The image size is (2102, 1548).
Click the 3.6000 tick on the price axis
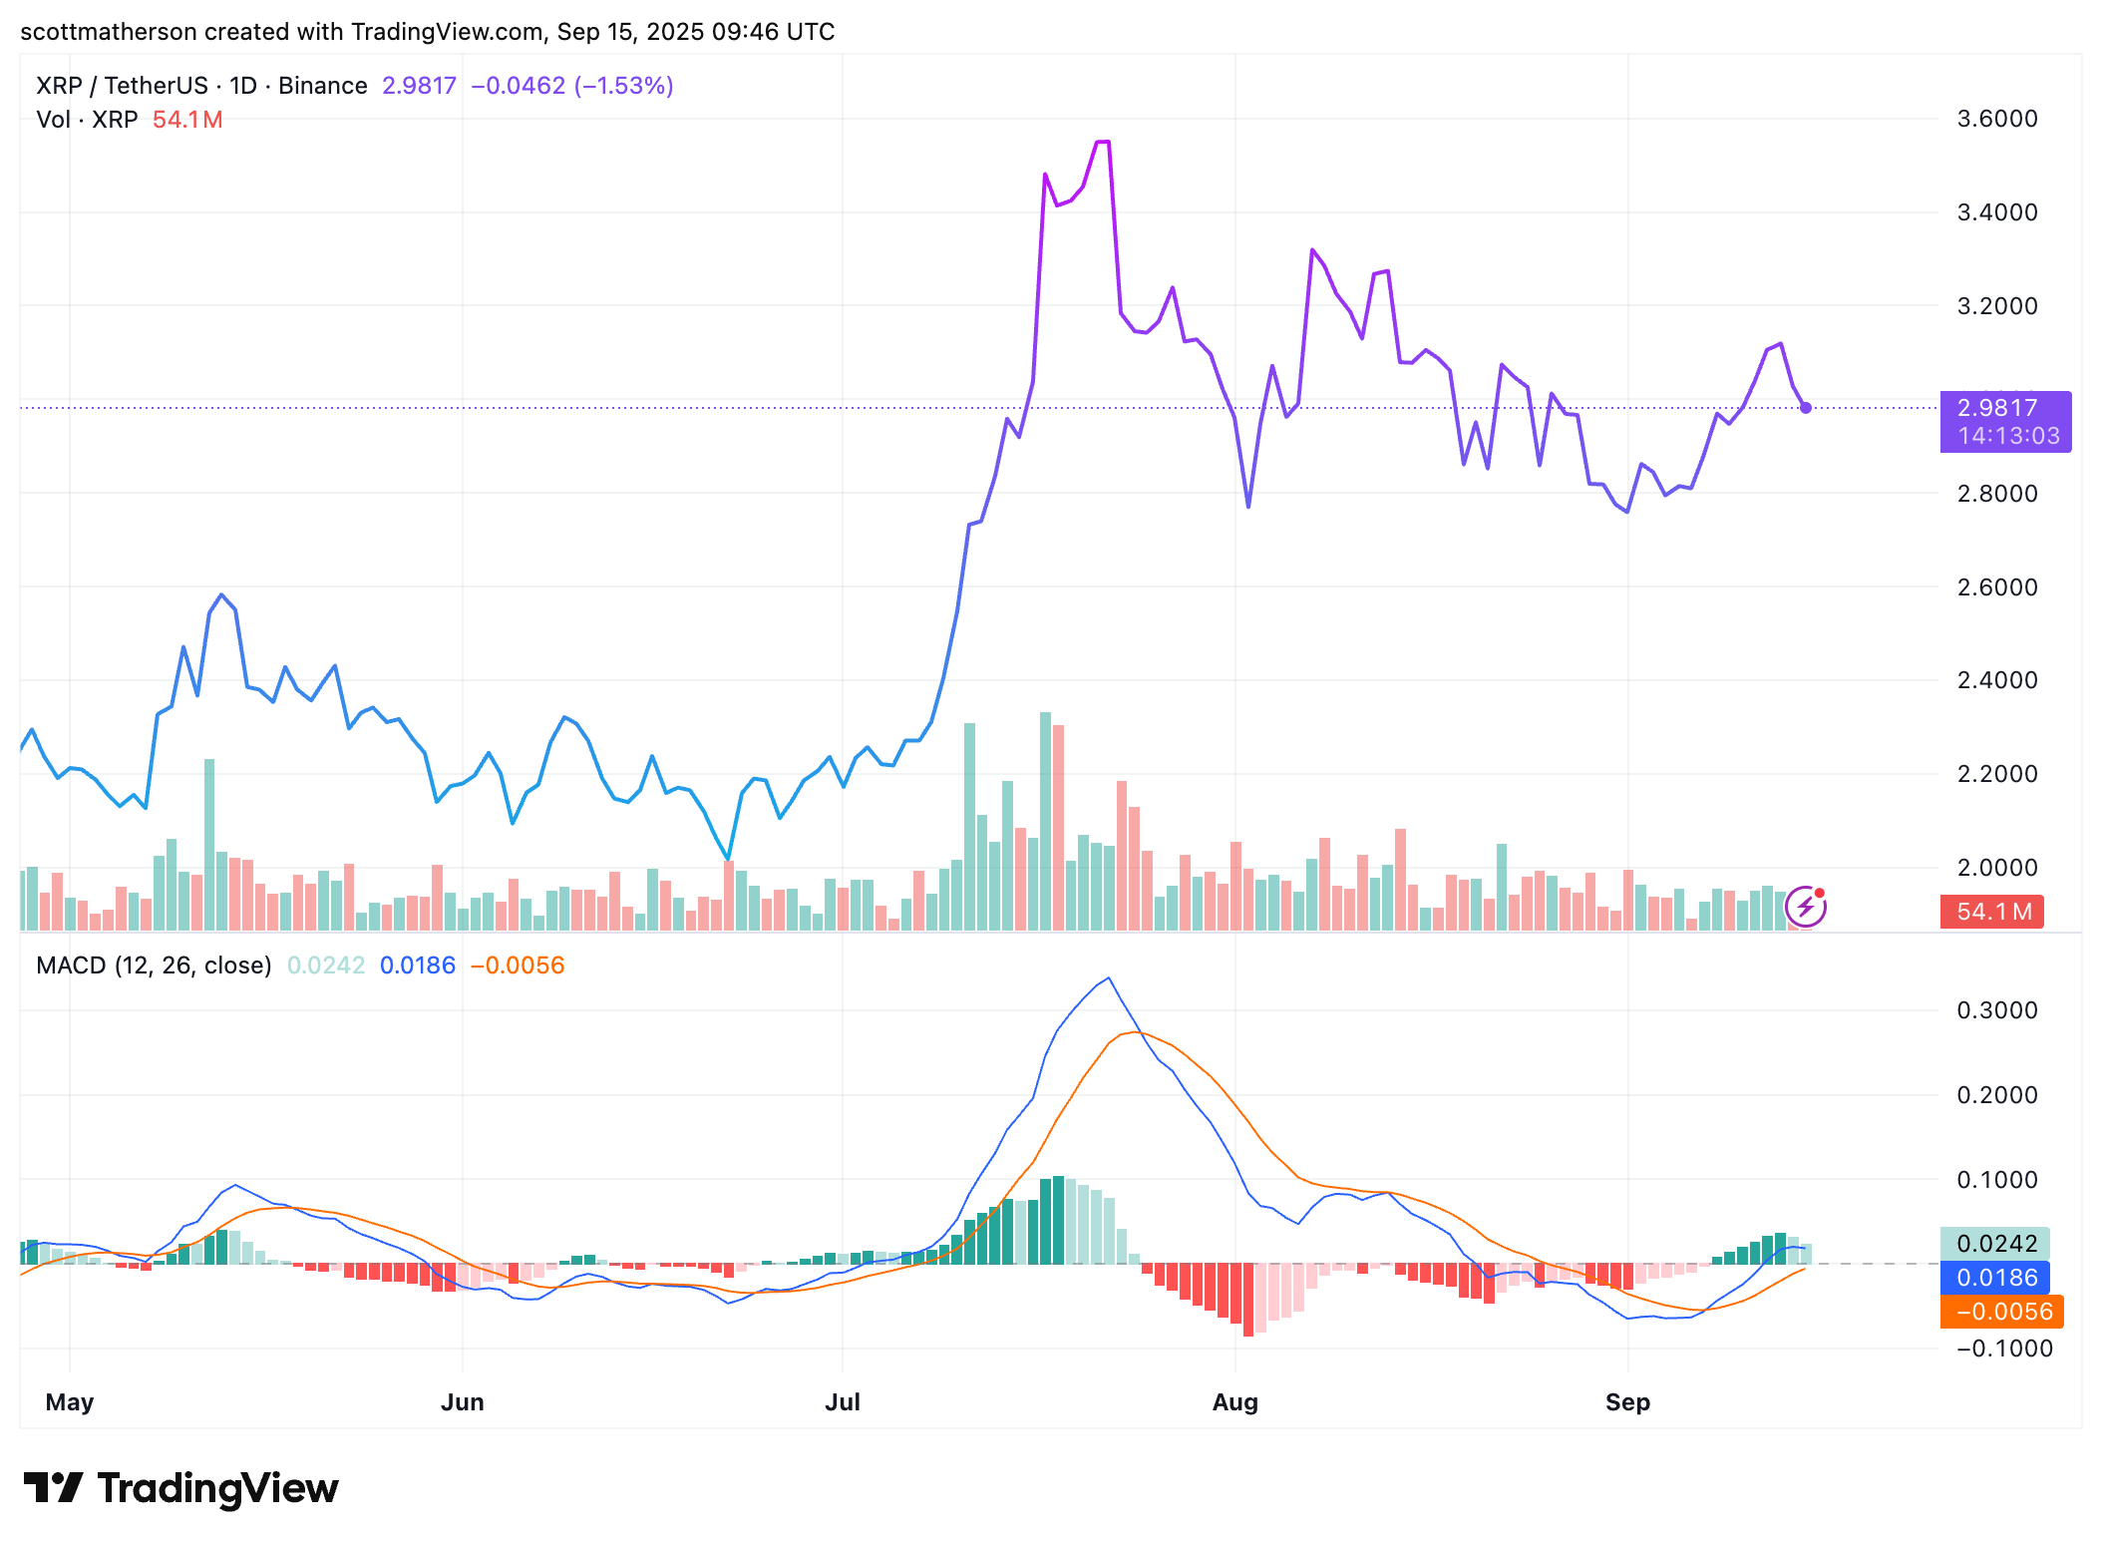click(x=1996, y=119)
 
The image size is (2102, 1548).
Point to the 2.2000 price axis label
click(x=1996, y=774)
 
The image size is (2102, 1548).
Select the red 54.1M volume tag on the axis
click(x=1991, y=912)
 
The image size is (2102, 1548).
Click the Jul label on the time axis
click(x=842, y=1402)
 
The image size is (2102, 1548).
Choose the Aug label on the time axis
click(x=1234, y=1402)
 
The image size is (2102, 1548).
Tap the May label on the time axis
click(x=70, y=1402)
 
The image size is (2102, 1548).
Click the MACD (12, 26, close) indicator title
click(x=154, y=966)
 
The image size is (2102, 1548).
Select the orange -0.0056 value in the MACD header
click(x=517, y=966)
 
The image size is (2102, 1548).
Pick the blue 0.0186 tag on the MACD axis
click(x=1995, y=1278)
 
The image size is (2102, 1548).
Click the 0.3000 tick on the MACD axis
click(x=1996, y=1010)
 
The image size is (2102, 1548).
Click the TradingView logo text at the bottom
click(x=217, y=1488)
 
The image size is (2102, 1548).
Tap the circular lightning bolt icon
click(x=1805, y=907)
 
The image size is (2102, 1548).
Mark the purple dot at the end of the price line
click(x=1806, y=408)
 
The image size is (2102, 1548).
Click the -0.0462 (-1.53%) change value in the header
click(x=571, y=86)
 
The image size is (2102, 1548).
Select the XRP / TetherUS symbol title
click(x=122, y=86)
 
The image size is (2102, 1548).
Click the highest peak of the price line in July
click(x=1103, y=143)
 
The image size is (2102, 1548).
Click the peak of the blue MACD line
click(x=1109, y=978)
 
